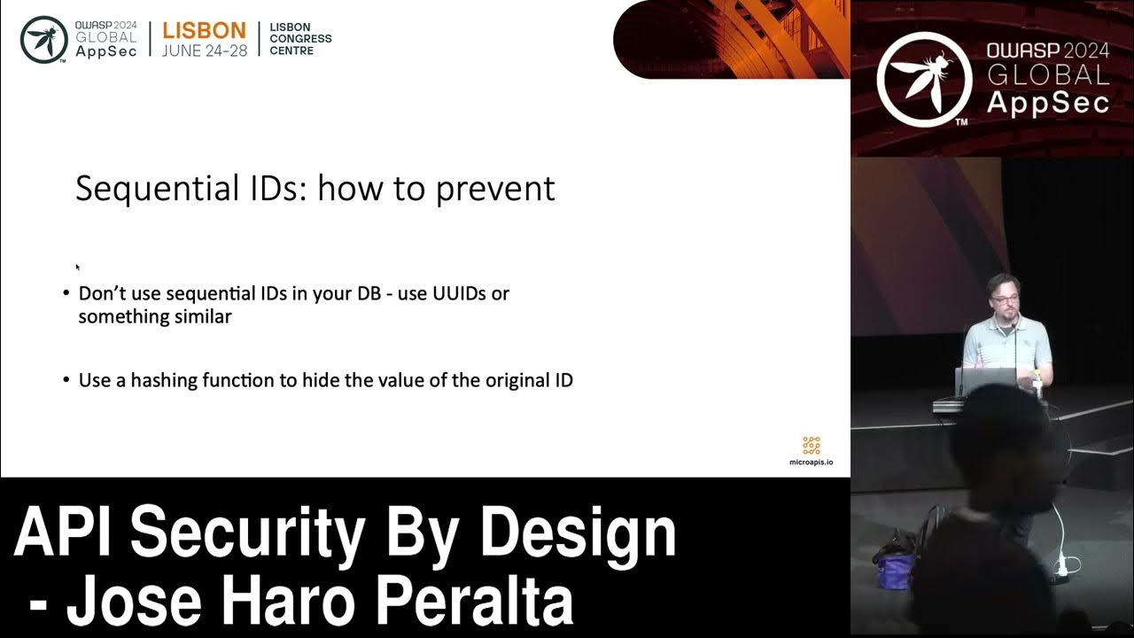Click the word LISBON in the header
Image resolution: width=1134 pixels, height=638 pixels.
204,30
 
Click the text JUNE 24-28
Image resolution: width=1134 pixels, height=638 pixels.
204,51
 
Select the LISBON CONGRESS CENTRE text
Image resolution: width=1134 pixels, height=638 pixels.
300,39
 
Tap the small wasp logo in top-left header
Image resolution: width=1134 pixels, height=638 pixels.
44,39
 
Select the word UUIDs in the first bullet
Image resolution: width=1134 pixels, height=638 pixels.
459,293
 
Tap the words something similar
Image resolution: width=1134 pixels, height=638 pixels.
155,316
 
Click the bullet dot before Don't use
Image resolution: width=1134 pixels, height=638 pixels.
66,293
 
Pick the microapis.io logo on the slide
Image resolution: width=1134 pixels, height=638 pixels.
811,450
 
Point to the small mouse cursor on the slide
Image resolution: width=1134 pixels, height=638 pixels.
78,267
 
